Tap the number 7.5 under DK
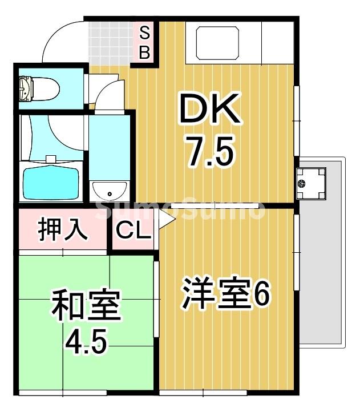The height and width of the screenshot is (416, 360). (209, 152)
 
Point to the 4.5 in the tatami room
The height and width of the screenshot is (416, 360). (86, 342)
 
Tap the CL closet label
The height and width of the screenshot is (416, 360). (133, 231)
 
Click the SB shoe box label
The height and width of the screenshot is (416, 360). (145, 43)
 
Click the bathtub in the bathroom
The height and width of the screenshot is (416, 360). (50, 180)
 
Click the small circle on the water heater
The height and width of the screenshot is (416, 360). (302, 183)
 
